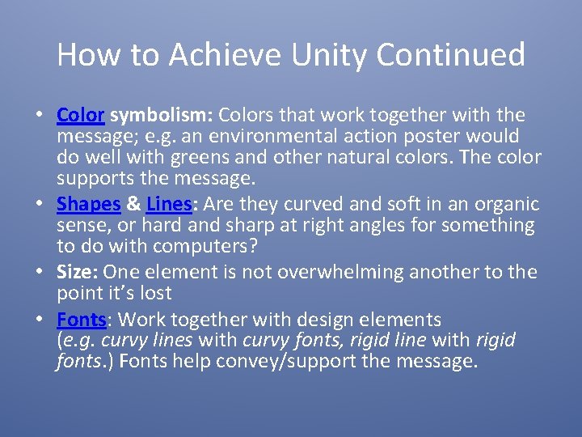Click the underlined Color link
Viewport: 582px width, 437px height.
pyautogui.click(x=81, y=115)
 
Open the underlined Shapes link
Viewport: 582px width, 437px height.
pyautogui.click(x=88, y=204)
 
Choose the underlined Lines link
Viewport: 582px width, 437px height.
pyautogui.click(x=167, y=204)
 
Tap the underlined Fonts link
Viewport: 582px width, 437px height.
pyautogui.click(x=82, y=319)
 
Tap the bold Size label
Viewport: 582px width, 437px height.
pyautogui.click(x=78, y=272)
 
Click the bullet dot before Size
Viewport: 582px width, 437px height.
pyautogui.click(x=39, y=273)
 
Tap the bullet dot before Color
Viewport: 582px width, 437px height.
pyautogui.click(x=39, y=116)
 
